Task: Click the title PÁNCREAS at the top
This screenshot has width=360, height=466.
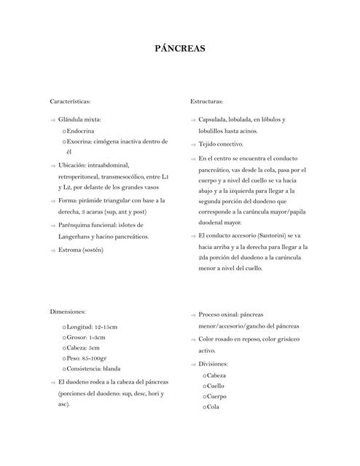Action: (180, 50)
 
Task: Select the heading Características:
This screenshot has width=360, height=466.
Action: (70, 101)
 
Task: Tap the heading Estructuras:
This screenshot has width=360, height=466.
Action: (206, 101)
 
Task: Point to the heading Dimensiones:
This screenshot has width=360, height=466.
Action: (68, 311)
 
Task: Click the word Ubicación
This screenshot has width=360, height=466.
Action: (75, 165)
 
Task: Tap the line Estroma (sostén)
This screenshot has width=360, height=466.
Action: (81, 250)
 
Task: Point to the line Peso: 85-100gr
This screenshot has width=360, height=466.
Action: (87, 358)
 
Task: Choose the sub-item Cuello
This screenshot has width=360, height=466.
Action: (216, 385)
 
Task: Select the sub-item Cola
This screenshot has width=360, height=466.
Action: (213, 407)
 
